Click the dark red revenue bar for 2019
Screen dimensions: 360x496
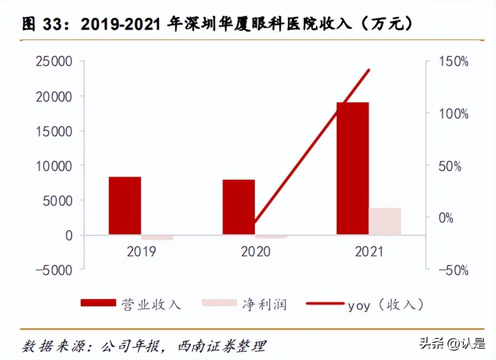[125, 205]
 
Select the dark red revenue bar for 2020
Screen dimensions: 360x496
[239, 207]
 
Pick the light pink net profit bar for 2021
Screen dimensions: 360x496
[385, 221]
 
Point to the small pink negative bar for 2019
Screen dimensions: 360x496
[157, 237]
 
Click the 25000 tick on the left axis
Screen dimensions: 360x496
[54, 62]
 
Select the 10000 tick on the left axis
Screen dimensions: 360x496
[54, 166]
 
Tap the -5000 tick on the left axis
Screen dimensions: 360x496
[54, 270]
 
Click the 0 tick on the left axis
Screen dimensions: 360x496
[68, 235]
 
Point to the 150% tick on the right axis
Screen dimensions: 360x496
[453, 62]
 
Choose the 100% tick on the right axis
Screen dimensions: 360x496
[453, 114]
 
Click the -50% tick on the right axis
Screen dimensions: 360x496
[453, 270]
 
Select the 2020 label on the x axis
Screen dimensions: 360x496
[256, 252]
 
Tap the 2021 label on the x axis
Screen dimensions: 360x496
[369, 252]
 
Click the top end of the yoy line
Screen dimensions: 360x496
[369, 70]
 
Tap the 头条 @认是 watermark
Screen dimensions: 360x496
[452, 344]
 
